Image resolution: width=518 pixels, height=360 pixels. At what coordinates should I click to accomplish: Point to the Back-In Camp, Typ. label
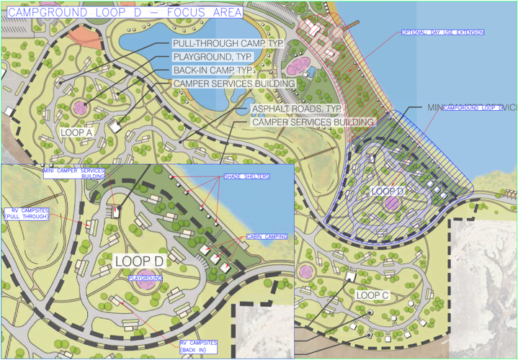click(223, 71)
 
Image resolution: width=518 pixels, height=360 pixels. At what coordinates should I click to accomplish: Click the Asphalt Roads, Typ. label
click(295, 109)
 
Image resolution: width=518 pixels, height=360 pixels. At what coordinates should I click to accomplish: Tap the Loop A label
click(76, 132)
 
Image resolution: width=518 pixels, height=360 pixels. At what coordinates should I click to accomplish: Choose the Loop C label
click(372, 295)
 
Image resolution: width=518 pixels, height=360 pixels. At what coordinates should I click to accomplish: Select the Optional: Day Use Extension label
click(442, 32)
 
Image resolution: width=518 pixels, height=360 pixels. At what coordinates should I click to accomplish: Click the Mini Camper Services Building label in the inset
click(74, 174)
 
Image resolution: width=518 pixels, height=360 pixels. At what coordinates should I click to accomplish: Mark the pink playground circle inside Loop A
click(79, 107)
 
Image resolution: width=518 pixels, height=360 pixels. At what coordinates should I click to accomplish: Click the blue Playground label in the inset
click(145, 276)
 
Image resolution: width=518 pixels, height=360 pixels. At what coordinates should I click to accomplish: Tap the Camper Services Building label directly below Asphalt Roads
click(313, 122)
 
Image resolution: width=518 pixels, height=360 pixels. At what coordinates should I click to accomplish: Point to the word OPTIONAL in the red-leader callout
click(416, 32)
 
